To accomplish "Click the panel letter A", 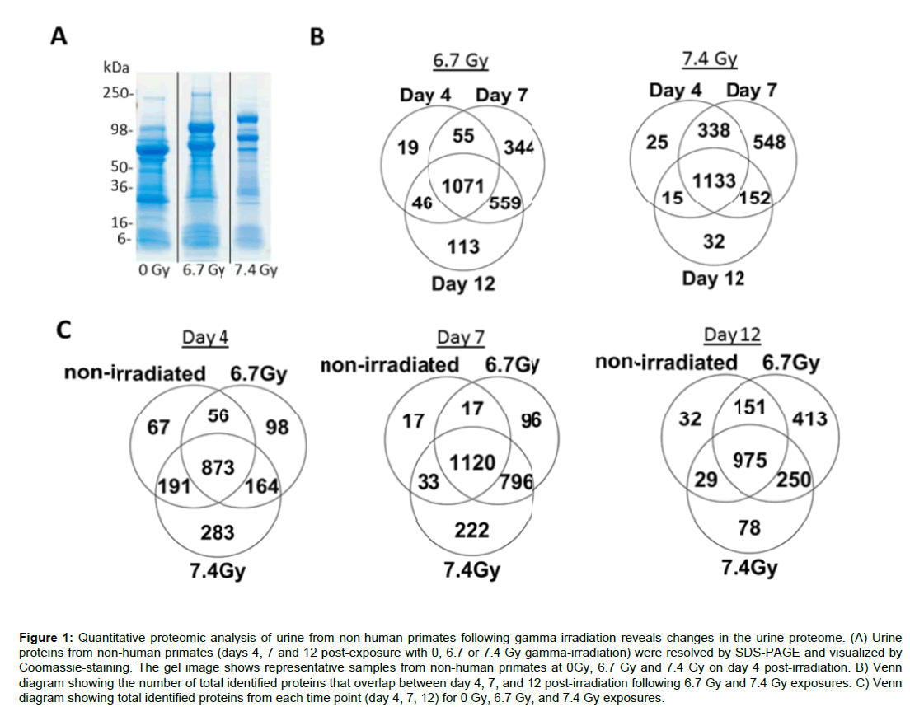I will tap(59, 36).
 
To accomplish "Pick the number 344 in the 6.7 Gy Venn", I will tap(519, 148).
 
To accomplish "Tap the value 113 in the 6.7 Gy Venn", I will tap(463, 246).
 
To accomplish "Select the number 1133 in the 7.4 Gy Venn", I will tap(714, 180).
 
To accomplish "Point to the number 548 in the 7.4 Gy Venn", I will tap(768, 142).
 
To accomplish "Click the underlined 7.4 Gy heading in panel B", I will tap(709, 59).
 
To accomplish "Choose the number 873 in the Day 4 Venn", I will tap(218, 467).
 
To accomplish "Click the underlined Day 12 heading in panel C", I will tap(732, 335).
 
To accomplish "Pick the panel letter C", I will tap(61, 330).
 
